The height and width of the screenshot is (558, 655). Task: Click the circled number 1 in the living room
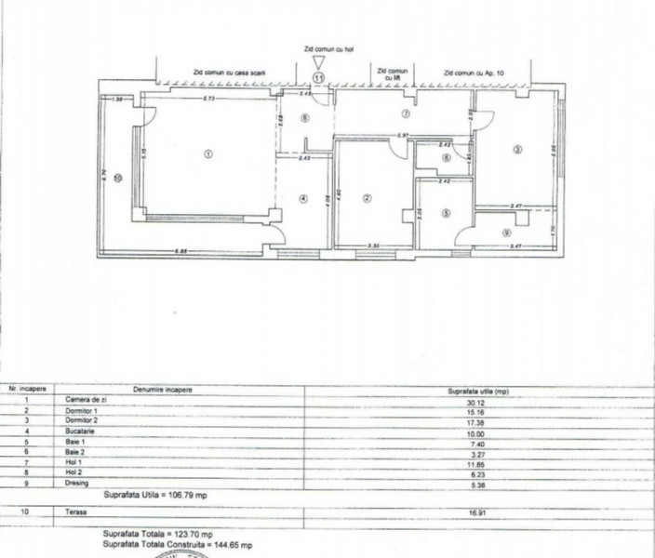pos(208,154)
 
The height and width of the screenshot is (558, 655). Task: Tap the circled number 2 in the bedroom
pos(368,197)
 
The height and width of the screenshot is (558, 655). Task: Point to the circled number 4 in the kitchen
pos(303,197)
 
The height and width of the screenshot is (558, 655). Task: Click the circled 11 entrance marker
pos(320,79)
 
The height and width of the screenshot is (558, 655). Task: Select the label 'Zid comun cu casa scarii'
pos(229,71)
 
